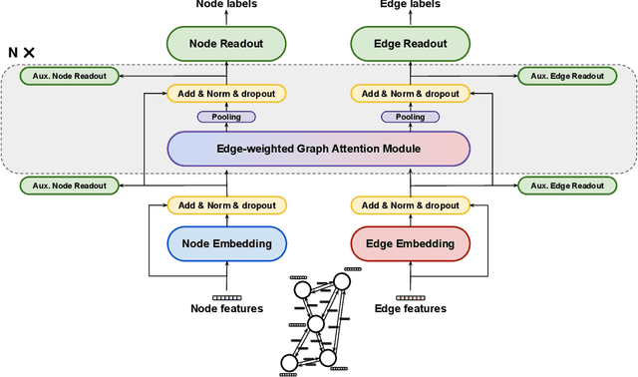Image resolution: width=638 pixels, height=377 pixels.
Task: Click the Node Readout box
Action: [x=226, y=43]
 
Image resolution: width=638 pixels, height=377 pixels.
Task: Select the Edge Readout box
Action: [x=410, y=43]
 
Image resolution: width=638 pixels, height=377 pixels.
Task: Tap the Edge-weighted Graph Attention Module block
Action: [x=318, y=149]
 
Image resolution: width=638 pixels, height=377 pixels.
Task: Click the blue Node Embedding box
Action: [x=226, y=243]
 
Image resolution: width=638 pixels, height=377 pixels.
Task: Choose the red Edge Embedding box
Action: [x=410, y=243]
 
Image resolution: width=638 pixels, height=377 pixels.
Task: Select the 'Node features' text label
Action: [x=226, y=308]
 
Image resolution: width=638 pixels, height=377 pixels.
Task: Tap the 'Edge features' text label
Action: [x=410, y=308]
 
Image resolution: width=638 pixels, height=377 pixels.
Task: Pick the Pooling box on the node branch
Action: [x=226, y=117]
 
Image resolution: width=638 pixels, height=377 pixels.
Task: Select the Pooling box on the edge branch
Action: [x=410, y=117]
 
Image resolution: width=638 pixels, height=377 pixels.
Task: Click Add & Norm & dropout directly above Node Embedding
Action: [x=226, y=204]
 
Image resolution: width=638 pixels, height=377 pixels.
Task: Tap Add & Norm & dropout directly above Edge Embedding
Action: [x=410, y=204]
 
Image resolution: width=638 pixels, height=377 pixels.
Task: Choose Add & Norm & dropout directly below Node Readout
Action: [x=226, y=94]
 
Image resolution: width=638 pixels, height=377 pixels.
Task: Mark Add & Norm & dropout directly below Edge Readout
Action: [x=410, y=94]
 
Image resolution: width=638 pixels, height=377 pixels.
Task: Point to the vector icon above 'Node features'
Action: [x=226, y=297]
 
